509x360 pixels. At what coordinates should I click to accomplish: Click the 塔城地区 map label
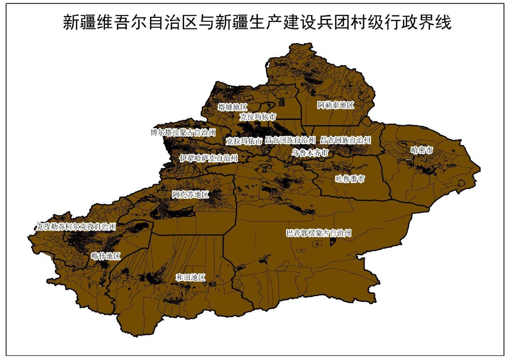232,107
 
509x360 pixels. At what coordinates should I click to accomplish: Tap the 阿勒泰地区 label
336,105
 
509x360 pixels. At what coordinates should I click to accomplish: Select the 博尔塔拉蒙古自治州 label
183,132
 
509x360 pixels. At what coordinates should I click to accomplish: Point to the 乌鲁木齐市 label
310,153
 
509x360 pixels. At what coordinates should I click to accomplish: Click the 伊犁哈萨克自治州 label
208,158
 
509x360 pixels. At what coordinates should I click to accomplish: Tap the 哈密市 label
422,150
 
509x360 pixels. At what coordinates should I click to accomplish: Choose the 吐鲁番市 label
350,179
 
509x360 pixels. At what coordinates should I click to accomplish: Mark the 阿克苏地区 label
190,194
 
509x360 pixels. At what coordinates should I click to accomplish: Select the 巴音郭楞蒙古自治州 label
319,233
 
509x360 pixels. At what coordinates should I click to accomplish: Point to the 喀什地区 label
106,256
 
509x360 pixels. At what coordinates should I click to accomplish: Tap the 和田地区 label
190,277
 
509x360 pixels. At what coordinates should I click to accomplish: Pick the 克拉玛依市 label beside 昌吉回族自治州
243,141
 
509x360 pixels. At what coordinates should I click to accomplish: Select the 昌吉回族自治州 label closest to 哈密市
346,140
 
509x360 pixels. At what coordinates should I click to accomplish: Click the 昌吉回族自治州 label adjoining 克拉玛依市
290,140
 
